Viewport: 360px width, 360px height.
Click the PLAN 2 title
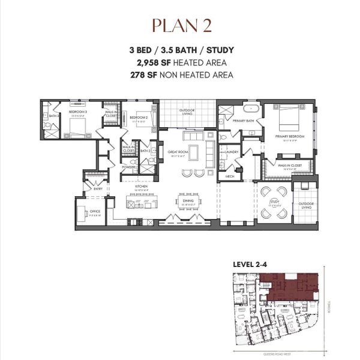pyautogui.click(x=180, y=26)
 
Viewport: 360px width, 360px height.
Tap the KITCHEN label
pyautogui.click(x=141, y=186)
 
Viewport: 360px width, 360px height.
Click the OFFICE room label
pyautogui.click(x=94, y=211)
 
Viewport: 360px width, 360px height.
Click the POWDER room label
pyautogui.click(x=129, y=167)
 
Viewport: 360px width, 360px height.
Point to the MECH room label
pyautogui.click(x=230, y=176)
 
